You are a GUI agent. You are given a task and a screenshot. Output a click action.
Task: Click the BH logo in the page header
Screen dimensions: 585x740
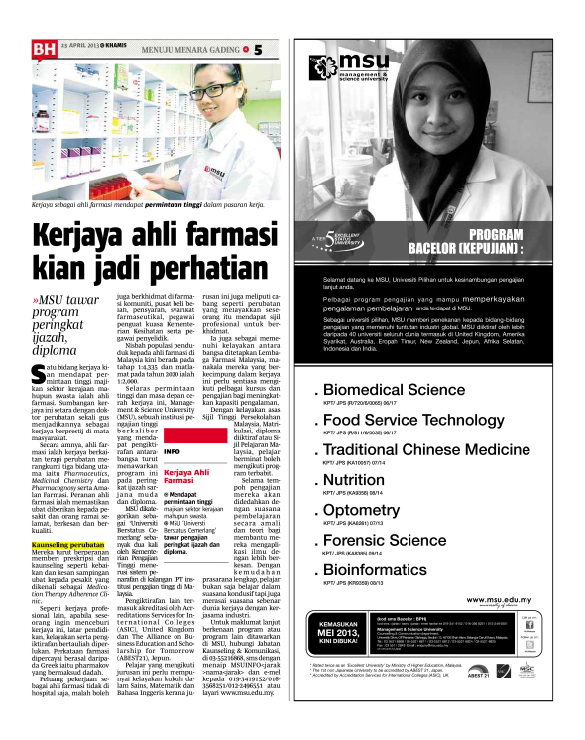tap(43, 47)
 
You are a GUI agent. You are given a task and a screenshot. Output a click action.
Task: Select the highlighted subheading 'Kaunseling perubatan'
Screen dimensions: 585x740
tap(65, 547)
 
